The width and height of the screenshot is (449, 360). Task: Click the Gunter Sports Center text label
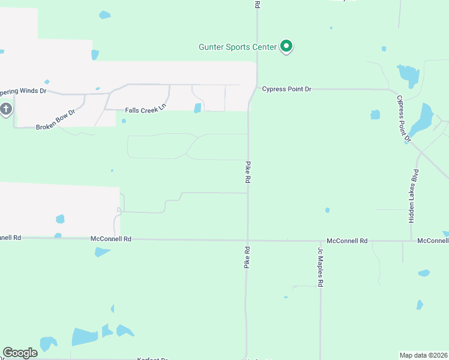coord(238,47)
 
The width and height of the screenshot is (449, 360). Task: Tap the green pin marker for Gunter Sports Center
coord(287,46)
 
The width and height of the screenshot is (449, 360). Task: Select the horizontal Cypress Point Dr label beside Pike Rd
coord(287,89)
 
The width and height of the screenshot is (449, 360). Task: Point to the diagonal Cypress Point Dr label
coord(403,118)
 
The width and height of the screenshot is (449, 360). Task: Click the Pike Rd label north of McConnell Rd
coord(247,172)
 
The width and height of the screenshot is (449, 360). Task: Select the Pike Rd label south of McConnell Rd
coord(246,256)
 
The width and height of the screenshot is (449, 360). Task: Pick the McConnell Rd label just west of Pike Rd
coord(111,239)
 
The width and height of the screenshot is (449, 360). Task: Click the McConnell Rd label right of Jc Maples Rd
coord(347,241)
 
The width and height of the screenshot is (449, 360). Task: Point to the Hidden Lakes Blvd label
coord(413,196)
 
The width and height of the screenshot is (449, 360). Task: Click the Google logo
coord(20,353)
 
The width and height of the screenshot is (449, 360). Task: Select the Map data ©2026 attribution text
coord(424,355)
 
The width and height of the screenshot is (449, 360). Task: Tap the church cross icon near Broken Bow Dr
coord(6,109)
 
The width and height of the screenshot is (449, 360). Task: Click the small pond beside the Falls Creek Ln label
coord(197,108)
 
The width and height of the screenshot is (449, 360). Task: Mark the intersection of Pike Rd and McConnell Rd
coord(247,241)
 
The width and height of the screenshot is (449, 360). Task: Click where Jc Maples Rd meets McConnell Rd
coord(321,241)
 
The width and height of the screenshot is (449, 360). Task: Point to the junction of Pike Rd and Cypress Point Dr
coord(257,89)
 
